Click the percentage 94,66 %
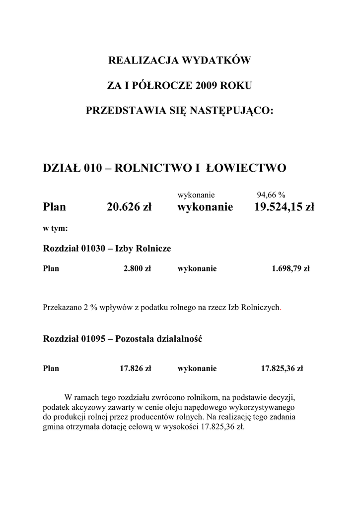270,194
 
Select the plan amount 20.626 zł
129,206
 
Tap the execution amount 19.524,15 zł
284,206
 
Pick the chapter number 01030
91,249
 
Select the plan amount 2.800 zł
137,269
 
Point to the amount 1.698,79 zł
290,269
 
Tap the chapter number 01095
91,339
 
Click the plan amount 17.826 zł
135,369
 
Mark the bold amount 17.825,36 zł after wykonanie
282,369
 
